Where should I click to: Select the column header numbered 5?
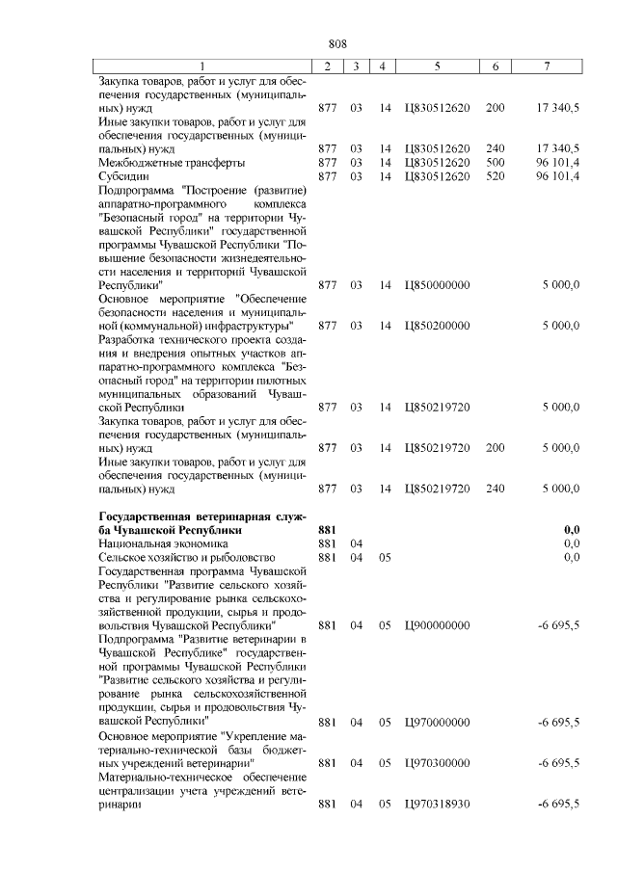[x=438, y=66]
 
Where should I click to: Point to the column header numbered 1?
[x=203, y=66]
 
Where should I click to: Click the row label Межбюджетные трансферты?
[x=165, y=163]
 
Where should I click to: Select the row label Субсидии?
[x=123, y=176]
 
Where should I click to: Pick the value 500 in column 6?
[x=496, y=163]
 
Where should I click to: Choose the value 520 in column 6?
[x=496, y=176]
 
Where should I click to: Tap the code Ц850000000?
[x=438, y=285]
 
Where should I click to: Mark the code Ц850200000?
[x=438, y=326]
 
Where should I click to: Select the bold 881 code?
[x=326, y=530]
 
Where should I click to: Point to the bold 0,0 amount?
[x=571, y=530]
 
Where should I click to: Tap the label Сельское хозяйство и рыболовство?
[x=188, y=557]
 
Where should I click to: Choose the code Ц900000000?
[x=438, y=625]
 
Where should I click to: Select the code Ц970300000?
[x=438, y=762]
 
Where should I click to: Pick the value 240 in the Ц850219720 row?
[x=496, y=489]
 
